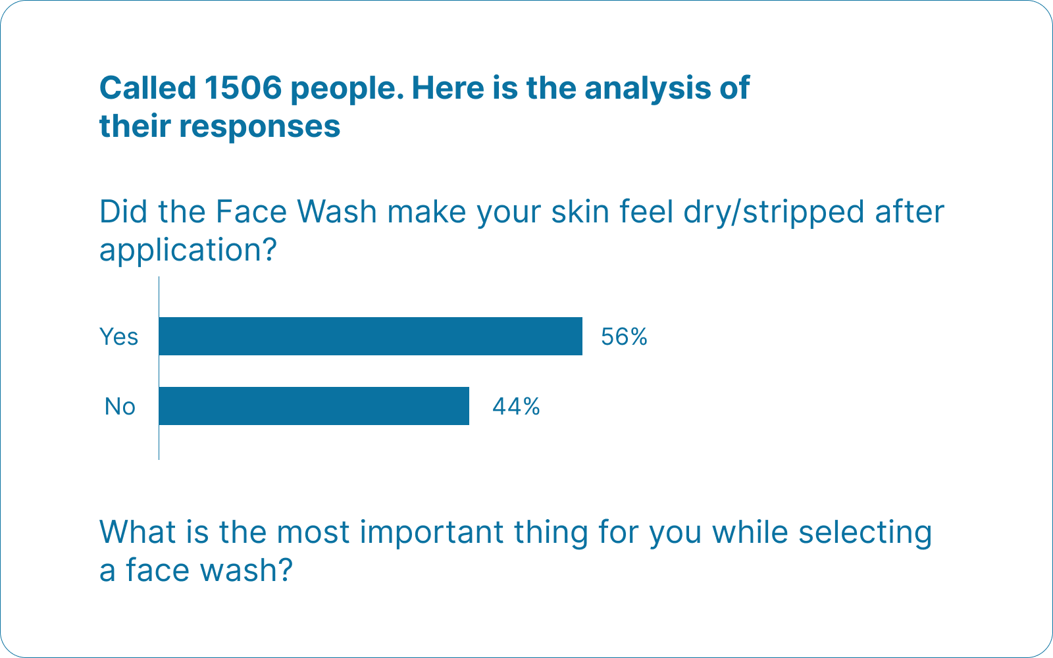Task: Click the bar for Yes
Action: [371, 336]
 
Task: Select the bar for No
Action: [314, 406]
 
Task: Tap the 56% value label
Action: [625, 336]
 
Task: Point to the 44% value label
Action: [516, 407]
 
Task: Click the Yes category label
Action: [118, 336]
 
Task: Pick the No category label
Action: [120, 407]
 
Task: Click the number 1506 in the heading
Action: [243, 88]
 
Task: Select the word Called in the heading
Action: [147, 88]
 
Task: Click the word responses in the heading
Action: [259, 128]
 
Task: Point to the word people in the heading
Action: [347, 89]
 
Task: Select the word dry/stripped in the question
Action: [773, 213]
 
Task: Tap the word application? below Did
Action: [188, 251]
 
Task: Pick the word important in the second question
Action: [432, 534]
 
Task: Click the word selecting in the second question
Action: [865, 534]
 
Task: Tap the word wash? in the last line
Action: [246, 570]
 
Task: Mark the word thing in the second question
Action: [551, 534]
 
